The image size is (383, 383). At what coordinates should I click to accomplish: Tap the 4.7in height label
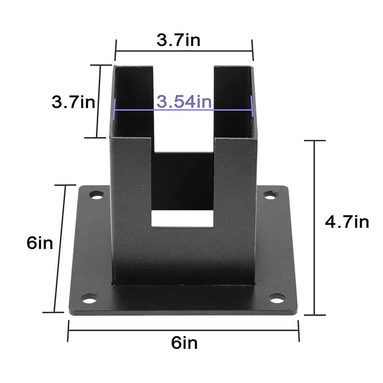click(347, 222)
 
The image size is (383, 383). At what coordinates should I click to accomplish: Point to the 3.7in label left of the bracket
click(73, 102)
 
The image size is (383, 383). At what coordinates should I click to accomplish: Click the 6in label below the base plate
click(185, 343)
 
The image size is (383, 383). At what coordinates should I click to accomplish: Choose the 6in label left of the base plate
click(40, 243)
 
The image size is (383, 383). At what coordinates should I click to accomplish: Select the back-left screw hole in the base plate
click(96, 197)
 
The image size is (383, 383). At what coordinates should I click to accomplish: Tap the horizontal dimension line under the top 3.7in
click(184, 51)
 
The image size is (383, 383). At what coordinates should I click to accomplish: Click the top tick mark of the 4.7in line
click(314, 140)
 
